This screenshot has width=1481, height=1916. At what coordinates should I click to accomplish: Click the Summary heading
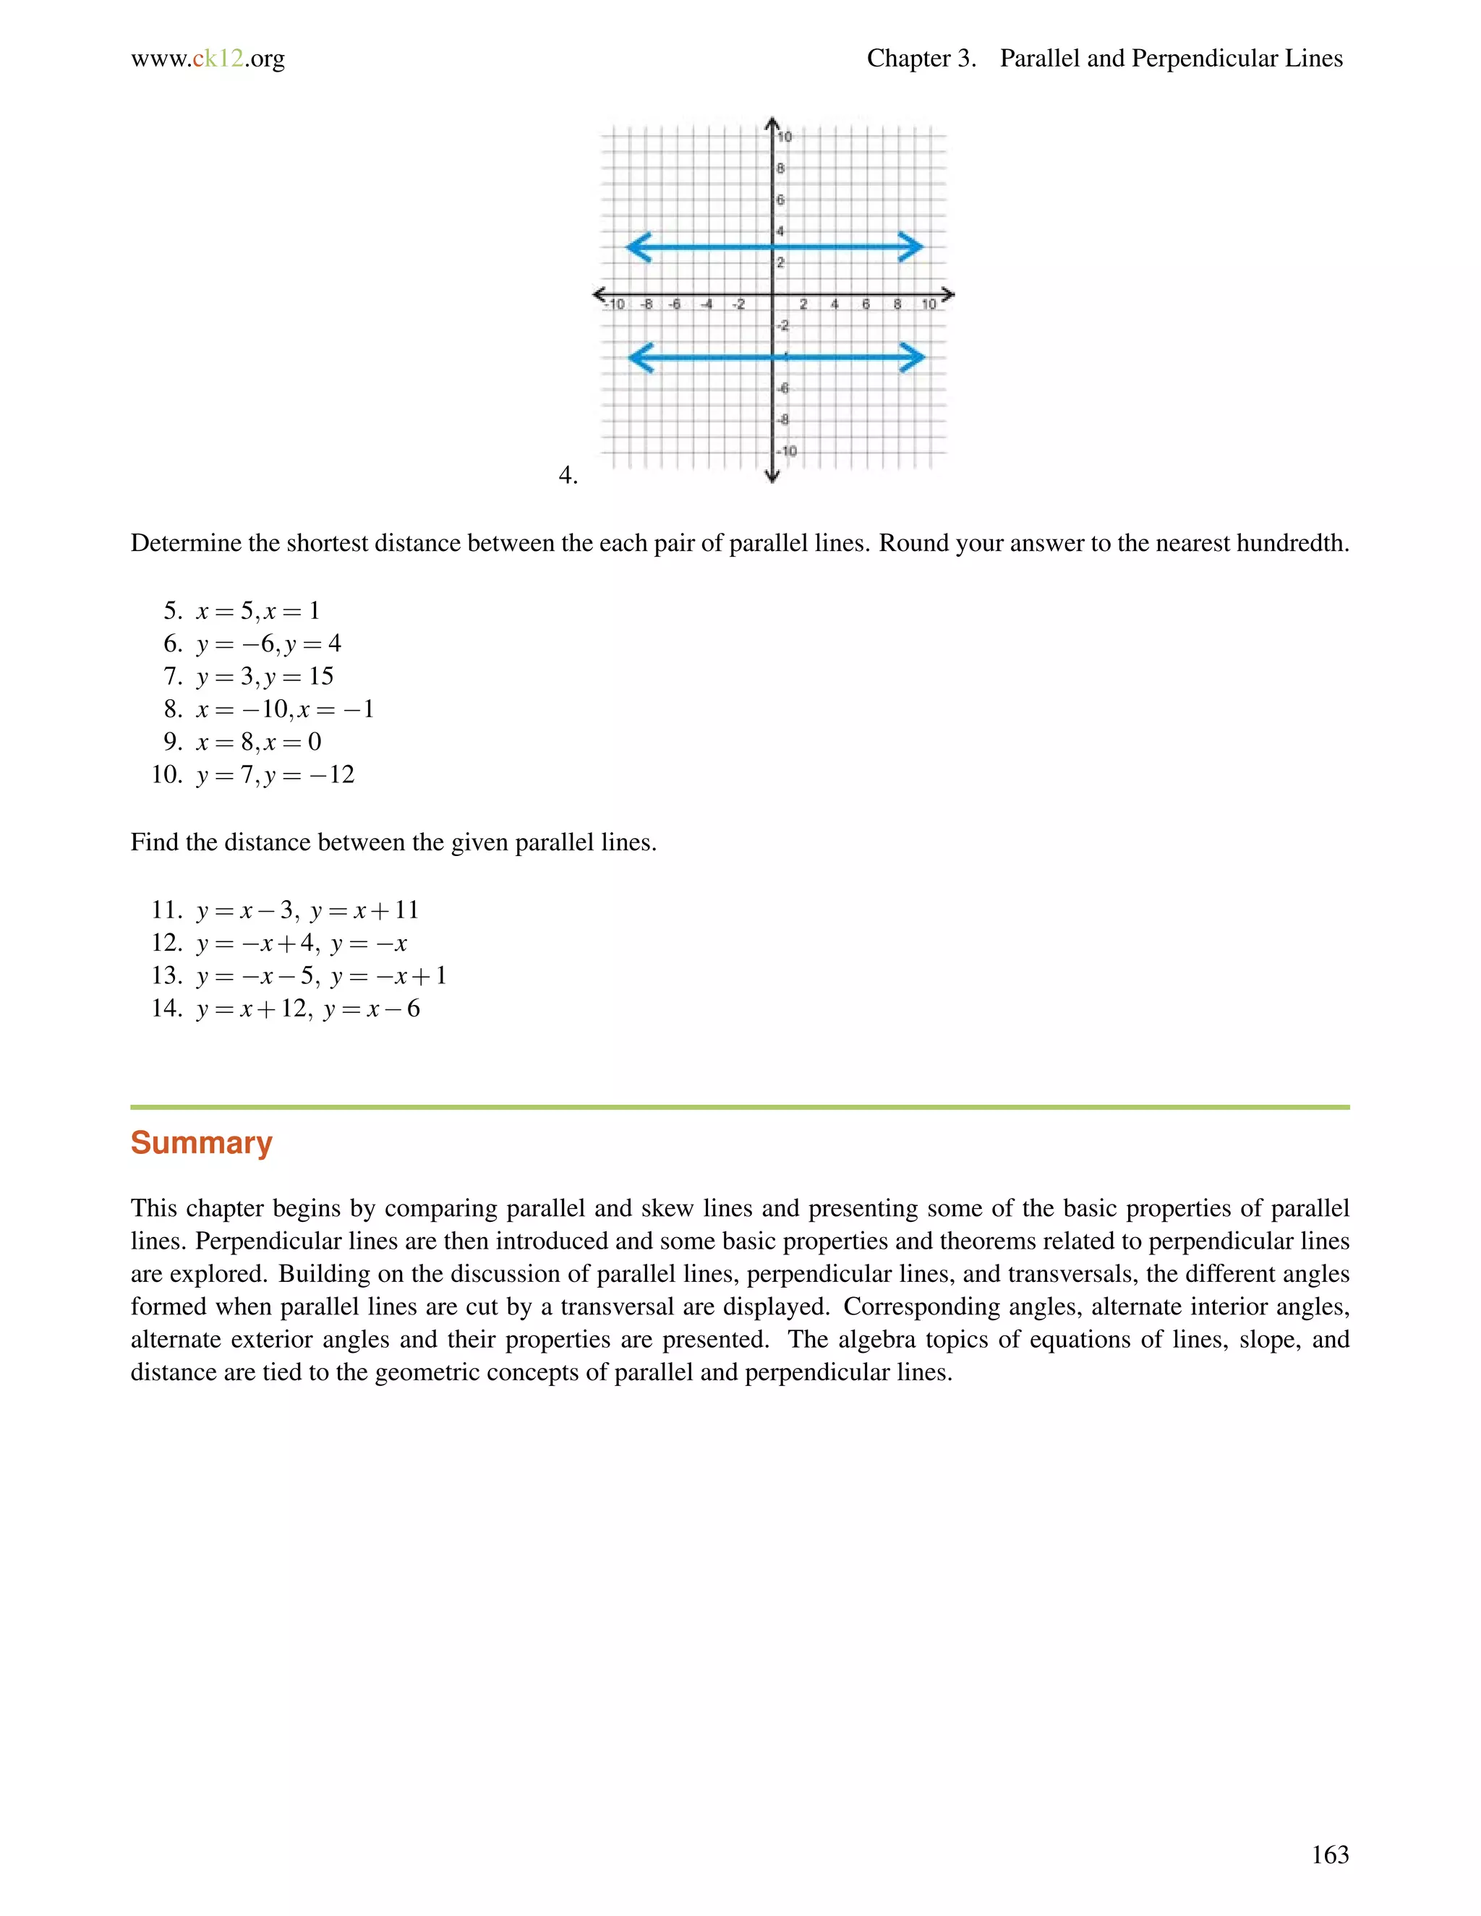tap(201, 1142)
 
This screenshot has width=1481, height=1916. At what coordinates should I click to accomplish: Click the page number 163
tap(1329, 1854)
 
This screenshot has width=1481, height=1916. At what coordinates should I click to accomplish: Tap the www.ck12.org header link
tap(208, 59)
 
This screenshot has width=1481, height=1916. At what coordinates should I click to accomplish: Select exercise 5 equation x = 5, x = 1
tap(258, 611)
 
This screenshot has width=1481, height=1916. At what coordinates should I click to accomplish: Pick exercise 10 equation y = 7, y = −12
tap(275, 774)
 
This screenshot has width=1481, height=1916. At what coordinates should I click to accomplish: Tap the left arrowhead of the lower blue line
tap(641, 357)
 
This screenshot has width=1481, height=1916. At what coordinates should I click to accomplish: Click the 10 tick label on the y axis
tap(785, 136)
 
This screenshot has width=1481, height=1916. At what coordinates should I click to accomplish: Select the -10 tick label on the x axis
tap(615, 304)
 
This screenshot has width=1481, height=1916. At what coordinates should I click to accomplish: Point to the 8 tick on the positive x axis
tap(897, 304)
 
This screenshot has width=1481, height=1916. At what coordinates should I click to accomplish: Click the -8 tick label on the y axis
tap(782, 419)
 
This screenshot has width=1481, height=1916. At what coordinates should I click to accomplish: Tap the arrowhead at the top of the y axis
tap(772, 124)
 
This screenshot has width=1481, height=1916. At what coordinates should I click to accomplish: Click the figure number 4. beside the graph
tap(568, 476)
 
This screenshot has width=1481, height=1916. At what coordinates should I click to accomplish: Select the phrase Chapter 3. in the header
tap(921, 59)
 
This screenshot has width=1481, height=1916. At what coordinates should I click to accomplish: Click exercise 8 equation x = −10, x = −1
tap(284, 709)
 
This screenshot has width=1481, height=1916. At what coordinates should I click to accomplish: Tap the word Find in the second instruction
tap(155, 842)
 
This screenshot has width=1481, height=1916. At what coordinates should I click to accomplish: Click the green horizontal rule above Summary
tap(740, 1107)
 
